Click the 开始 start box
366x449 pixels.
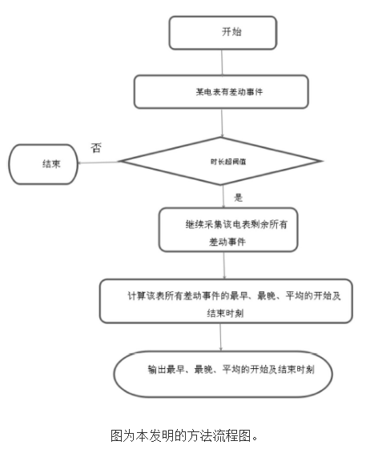click(222, 33)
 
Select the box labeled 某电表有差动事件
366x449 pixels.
click(220, 92)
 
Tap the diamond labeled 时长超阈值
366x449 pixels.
click(222, 161)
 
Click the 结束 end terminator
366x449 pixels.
click(42, 164)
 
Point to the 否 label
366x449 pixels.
click(96, 146)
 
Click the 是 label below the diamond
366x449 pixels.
click(238, 196)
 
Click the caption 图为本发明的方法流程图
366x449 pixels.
click(183, 435)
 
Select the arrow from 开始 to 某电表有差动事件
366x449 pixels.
click(222, 62)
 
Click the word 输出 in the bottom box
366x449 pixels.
click(158, 370)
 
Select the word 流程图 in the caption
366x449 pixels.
click(231, 435)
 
